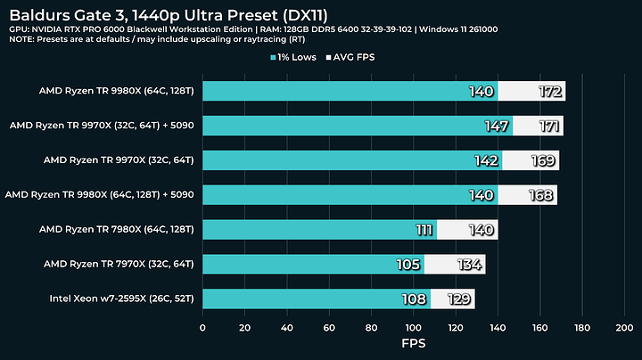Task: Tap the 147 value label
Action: [497, 126]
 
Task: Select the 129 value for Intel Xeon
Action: [460, 299]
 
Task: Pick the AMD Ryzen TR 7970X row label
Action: [118, 264]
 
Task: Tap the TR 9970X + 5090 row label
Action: [102, 126]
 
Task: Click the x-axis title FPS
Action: [413, 341]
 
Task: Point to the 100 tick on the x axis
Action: [413, 326]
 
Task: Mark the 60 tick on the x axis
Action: [329, 326]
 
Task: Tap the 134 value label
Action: [470, 265]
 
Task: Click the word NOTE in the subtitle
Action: [23, 41]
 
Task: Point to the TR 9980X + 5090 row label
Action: [100, 194]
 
